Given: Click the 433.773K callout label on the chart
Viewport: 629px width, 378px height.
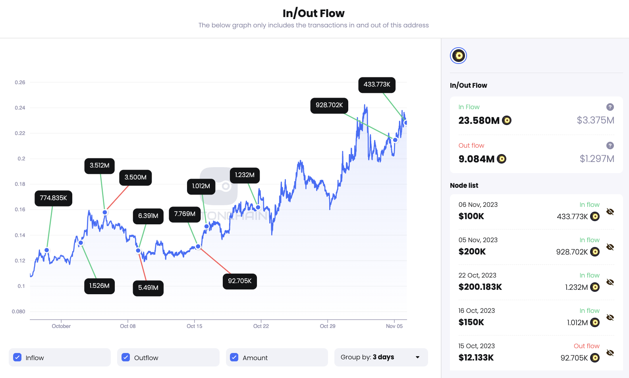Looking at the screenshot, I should [x=377, y=85].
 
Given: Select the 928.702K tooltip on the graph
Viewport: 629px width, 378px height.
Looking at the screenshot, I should [x=329, y=105].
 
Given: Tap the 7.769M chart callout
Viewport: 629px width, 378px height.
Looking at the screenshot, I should [x=185, y=214].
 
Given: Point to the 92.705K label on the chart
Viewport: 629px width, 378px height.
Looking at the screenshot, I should [x=239, y=281].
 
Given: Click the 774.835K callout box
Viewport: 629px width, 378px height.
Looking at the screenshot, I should [x=53, y=198].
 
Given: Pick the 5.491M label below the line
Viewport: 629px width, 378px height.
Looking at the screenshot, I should [x=148, y=288].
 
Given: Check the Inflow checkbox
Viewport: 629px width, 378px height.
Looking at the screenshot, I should [x=17, y=357].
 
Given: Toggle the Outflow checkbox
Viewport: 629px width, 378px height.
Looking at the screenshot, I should [x=126, y=357].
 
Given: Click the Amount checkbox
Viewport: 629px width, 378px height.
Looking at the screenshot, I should [x=234, y=357].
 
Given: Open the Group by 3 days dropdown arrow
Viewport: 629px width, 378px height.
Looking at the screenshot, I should [x=417, y=357].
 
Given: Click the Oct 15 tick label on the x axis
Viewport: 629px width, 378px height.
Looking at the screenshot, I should [x=195, y=326].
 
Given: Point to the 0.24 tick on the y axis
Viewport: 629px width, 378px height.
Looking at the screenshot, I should [x=20, y=108].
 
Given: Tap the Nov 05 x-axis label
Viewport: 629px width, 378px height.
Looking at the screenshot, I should [x=394, y=326].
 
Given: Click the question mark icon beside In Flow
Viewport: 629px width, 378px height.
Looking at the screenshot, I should [x=610, y=107].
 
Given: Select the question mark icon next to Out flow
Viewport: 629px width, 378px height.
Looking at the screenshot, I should [x=610, y=146].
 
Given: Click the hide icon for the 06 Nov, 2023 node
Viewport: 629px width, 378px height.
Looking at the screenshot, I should [x=610, y=212].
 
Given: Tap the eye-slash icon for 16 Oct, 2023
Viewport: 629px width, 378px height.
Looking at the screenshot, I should [x=610, y=318].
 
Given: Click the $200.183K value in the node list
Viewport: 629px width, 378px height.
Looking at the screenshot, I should [x=480, y=287].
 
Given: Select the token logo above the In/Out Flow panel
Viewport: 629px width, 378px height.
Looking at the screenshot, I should [x=458, y=56].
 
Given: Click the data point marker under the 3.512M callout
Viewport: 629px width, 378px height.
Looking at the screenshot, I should [x=105, y=212].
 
